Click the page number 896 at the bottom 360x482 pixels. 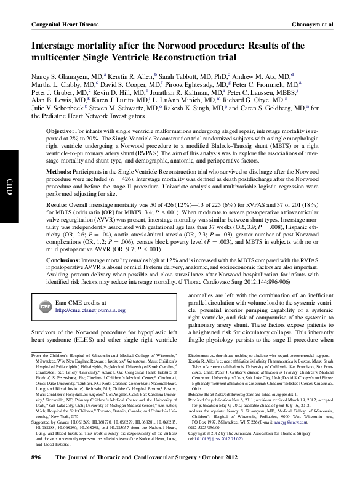tap(35, 475)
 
